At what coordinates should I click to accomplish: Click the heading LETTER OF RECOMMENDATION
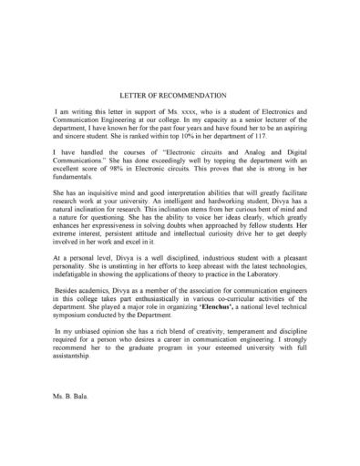tap(180, 93)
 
